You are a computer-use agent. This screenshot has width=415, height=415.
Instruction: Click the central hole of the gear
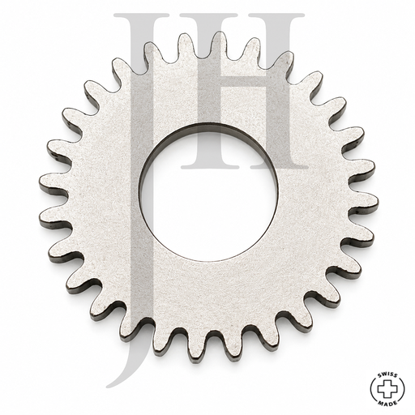(x=209, y=192)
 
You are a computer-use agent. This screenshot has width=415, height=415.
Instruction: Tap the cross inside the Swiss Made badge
(x=387, y=387)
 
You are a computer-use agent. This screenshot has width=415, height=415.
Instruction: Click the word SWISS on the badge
(x=387, y=374)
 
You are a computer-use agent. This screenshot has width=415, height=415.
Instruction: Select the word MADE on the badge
(x=387, y=401)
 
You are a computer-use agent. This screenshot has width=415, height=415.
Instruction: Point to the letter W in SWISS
(x=385, y=374)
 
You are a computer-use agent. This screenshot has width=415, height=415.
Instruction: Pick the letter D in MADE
(x=391, y=402)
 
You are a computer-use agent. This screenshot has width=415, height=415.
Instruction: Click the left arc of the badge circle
(x=371, y=388)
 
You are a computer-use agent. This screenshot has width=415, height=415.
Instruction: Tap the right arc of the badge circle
(x=404, y=388)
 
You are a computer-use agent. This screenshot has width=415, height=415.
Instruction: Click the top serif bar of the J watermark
(x=141, y=15)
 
